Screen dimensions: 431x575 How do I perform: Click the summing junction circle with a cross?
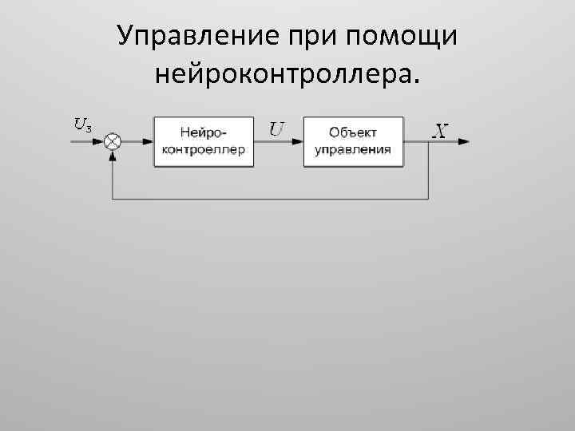pos(113,141)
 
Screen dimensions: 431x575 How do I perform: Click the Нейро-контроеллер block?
pos(204,141)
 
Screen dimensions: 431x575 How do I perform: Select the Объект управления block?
pos(353,141)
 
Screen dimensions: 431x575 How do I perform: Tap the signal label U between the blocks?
pos(277,128)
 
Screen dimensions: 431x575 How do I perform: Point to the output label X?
pos(439,130)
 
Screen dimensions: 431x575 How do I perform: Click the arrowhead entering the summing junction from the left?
pos(100,141)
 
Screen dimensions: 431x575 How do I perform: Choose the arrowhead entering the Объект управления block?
pos(298,141)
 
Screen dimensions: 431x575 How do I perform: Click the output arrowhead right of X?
pos(464,141)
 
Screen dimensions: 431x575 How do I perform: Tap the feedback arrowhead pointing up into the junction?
pos(113,155)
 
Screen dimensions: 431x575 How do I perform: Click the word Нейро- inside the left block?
pos(204,132)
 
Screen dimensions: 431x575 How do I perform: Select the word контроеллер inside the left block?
pos(204,149)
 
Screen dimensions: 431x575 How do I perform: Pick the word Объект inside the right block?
pos(353,132)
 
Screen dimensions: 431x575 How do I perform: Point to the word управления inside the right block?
pos(353,149)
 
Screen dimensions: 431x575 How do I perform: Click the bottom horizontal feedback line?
pos(272,199)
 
